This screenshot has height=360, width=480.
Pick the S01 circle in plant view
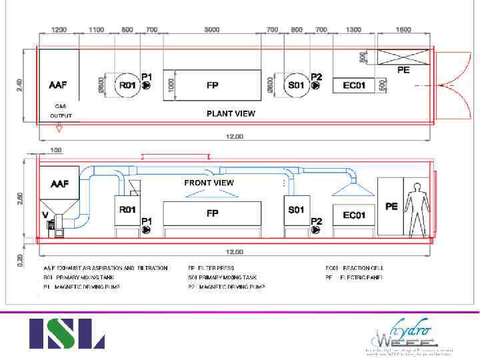tap(295, 85)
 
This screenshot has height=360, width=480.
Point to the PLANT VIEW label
tap(231, 113)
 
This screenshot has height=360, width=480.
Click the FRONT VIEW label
tap(209, 183)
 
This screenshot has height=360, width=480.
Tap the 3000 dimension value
tap(212, 30)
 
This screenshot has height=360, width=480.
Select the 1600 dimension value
tap(403, 30)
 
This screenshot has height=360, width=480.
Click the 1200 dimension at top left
tap(59, 30)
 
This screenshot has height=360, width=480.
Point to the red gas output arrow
tap(59, 127)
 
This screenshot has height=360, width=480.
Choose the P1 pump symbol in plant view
tap(147, 86)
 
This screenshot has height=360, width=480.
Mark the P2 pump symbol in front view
tap(316, 231)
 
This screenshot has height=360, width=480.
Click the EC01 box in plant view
tap(354, 85)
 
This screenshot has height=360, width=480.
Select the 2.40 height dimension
tap(19, 85)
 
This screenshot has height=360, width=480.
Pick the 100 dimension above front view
tap(56, 150)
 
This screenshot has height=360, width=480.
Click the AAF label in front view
tap(60, 183)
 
